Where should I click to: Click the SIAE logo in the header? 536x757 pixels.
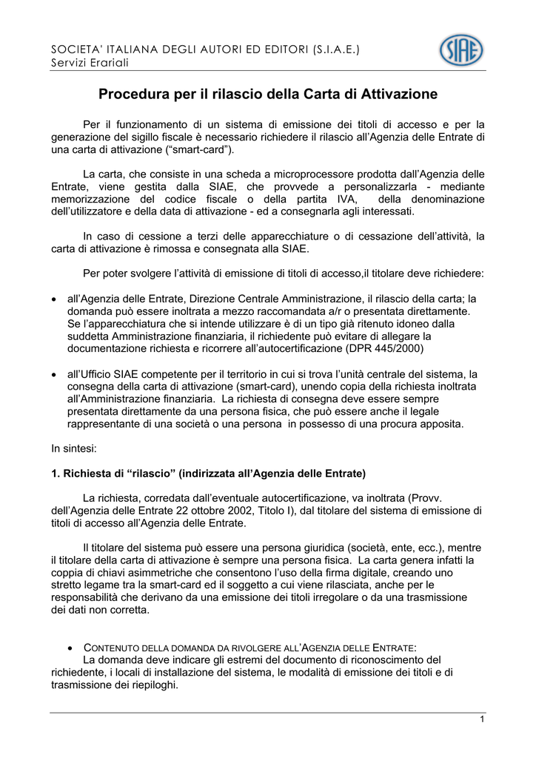coord(461,51)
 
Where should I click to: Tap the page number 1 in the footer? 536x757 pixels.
coord(482,720)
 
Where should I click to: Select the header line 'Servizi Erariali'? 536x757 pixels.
coord(90,63)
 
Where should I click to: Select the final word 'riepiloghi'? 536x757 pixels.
coord(154,685)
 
